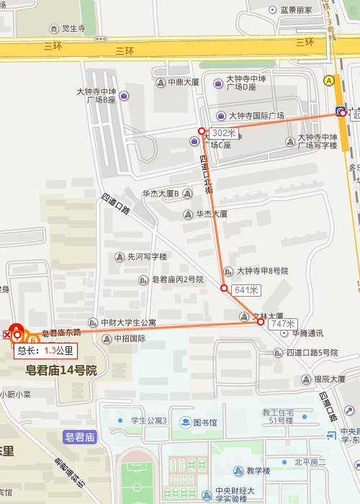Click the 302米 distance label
tap(224, 132)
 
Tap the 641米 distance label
tap(246, 289)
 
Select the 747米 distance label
tap(282, 324)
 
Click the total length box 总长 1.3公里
tap(45, 351)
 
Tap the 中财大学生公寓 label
tap(127, 322)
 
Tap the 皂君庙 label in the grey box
tap(80, 436)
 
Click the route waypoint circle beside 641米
tap(224, 289)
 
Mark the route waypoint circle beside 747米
tap(261, 323)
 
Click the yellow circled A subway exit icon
tap(329, 81)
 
